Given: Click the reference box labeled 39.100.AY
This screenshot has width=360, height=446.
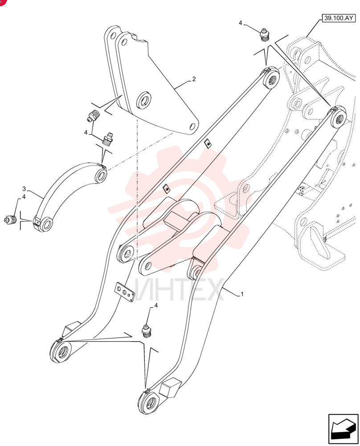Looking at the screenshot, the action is click(338, 18).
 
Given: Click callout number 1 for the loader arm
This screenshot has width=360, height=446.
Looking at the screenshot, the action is click(242, 294).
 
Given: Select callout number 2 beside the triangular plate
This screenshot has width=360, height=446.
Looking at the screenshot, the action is click(194, 79).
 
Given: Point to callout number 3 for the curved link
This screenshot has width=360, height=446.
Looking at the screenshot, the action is click(24, 189).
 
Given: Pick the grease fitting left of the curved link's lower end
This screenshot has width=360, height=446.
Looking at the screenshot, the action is click(10, 219).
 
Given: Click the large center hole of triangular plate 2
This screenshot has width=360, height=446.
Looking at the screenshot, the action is click(144, 100).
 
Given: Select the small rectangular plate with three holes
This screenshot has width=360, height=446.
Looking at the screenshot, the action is click(124, 292).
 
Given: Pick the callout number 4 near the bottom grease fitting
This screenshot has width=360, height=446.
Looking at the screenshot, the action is click(155, 305).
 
